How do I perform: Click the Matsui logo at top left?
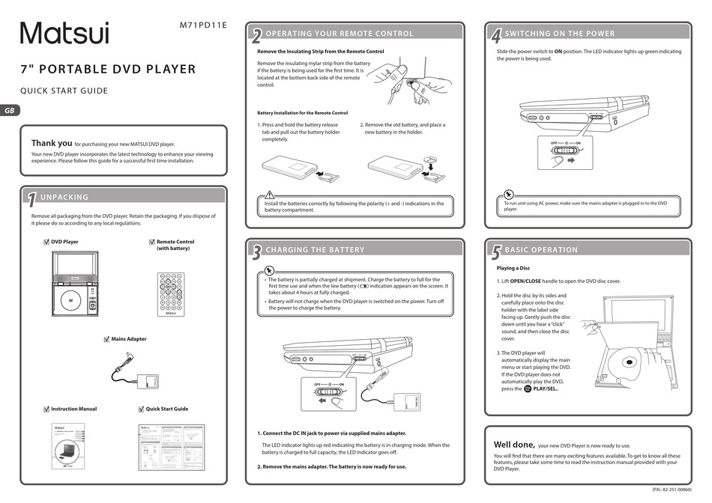64,33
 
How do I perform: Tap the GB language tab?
10,111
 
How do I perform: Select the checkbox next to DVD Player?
46,243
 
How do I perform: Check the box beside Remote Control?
151,243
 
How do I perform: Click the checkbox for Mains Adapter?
106,339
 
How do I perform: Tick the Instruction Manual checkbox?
46,409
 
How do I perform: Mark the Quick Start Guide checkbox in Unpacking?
141,409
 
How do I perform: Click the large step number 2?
256,35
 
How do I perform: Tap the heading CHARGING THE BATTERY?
315,250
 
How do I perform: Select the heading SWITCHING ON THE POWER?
559,34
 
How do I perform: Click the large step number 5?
495,252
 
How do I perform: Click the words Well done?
513,444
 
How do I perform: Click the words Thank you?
52,143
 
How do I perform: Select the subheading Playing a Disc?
513,268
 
